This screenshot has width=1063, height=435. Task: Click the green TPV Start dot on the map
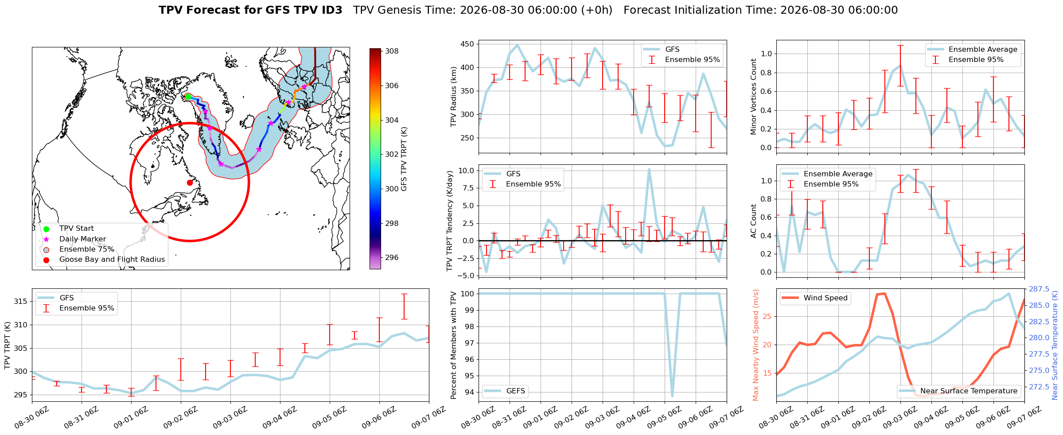[x=188, y=97]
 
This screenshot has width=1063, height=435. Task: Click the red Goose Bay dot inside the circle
[x=190, y=183]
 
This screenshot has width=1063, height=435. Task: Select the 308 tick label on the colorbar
[x=392, y=51]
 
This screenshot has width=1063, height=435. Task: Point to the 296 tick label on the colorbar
[x=392, y=257]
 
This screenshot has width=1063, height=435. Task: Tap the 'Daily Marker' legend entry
[x=82, y=239]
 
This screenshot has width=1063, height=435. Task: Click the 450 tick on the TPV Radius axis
[x=467, y=44]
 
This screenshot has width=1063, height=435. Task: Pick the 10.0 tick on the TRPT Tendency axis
[x=466, y=171]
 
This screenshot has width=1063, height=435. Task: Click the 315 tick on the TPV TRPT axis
[x=21, y=301]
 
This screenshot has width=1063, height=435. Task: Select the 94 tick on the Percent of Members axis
[x=469, y=392]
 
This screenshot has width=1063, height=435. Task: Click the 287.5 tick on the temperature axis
[x=1039, y=289]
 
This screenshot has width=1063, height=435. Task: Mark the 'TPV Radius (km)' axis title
[x=453, y=97]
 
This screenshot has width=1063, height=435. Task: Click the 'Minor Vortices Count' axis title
[x=753, y=97]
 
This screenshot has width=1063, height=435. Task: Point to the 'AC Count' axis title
[x=753, y=221]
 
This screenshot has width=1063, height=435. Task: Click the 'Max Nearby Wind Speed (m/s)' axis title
[x=755, y=345]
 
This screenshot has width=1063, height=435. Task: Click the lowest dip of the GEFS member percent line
[x=672, y=396]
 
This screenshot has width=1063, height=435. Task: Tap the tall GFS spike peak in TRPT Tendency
[x=649, y=169]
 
